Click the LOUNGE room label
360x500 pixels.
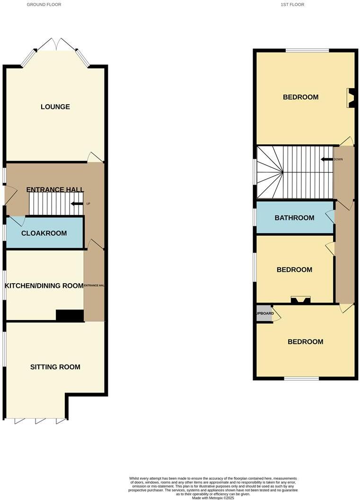(55, 107)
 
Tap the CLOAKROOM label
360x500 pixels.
(44, 233)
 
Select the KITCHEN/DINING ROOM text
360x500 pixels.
(44, 286)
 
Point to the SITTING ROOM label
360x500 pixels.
(55, 367)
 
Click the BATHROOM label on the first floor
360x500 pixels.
(295, 218)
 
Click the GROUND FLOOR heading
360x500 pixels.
(44, 4)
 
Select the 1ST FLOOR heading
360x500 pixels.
(292, 4)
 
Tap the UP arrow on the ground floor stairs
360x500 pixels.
(76, 204)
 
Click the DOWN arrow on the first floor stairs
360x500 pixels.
(326, 160)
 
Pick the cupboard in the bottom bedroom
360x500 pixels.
(264, 314)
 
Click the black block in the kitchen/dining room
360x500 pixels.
(70, 316)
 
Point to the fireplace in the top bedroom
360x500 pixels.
(351, 98)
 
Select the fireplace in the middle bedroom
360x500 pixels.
(300, 299)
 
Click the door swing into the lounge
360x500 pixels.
(95, 157)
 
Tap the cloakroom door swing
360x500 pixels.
(18, 221)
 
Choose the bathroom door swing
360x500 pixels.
(330, 216)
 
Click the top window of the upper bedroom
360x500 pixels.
(307, 50)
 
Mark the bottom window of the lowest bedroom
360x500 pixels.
(301, 378)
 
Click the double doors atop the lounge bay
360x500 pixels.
(56, 45)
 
